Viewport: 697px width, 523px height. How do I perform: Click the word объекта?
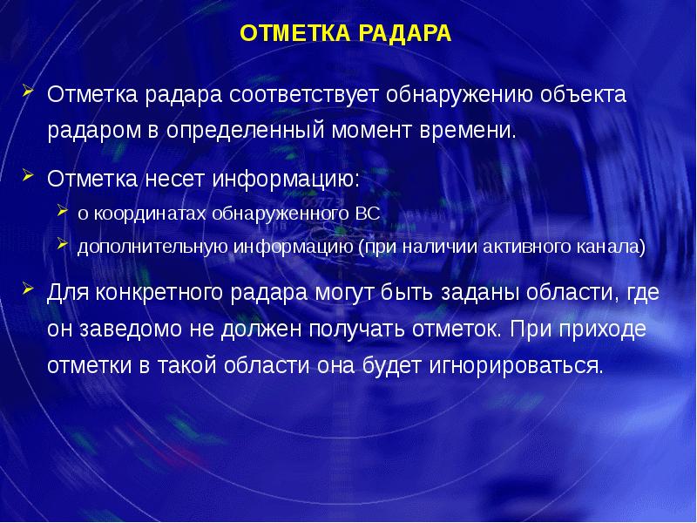click(583, 94)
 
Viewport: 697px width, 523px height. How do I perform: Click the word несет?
click(175, 180)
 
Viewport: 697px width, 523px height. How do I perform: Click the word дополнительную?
click(152, 247)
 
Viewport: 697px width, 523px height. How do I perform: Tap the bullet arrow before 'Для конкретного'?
click(28, 289)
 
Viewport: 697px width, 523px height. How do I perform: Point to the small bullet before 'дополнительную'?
click(62, 243)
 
